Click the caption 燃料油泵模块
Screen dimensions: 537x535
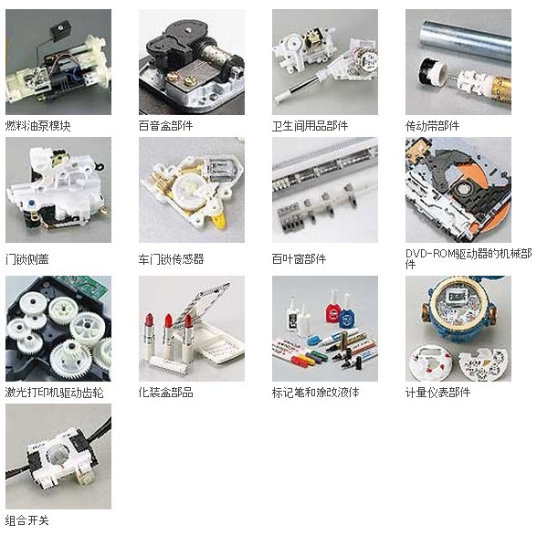click(x=37, y=126)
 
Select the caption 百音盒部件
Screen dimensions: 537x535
click(x=166, y=126)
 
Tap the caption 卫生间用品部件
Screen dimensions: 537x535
click(x=310, y=126)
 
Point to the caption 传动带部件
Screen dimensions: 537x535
click(x=432, y=126)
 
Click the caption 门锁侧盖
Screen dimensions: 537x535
click(x=26, y=258)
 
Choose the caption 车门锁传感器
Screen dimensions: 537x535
click(x=172, y=258)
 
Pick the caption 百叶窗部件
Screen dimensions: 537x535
click(x=299, y=258)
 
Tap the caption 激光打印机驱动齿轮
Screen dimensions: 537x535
click(x=54, y=393)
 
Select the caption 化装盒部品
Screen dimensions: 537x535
click(x=166, y=393)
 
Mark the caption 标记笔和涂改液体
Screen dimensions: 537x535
click(x=315, y=393)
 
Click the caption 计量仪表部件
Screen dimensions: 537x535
click(x=437, y=393)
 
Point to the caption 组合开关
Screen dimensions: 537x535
click(x=26, y=520)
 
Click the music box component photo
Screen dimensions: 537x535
click(x=192, y=62)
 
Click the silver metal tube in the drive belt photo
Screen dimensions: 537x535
click(x=467, y=40)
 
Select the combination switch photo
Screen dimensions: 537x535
click(x=58, y=456)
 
